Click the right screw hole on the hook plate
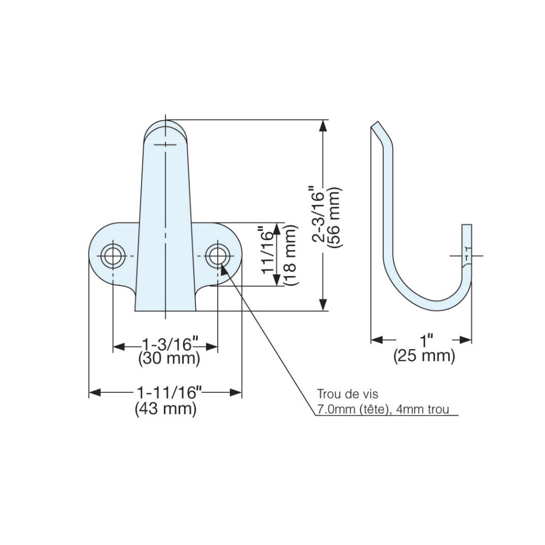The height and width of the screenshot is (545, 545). pyautogui.click(x=217, y=255)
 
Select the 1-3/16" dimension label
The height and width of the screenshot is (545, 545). pyautogui.click(x=166, y=344)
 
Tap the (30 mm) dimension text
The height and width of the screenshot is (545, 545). pyautogui.click(x=169, y=359)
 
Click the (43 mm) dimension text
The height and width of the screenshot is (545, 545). pyautogui.click(x=166, y=409)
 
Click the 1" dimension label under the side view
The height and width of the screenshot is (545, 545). pyautogui.click(x=425, y=340)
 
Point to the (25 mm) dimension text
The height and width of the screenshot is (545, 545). pyautogui.click(x=424, y=356)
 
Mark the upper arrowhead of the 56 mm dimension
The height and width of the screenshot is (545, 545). pyautogui.click(x=323, y=126)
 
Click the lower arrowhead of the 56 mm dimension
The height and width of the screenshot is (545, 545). pyautogui.click(x=323, y=305)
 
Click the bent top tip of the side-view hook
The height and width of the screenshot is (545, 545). pyautogui.click(x=375, y=126)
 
